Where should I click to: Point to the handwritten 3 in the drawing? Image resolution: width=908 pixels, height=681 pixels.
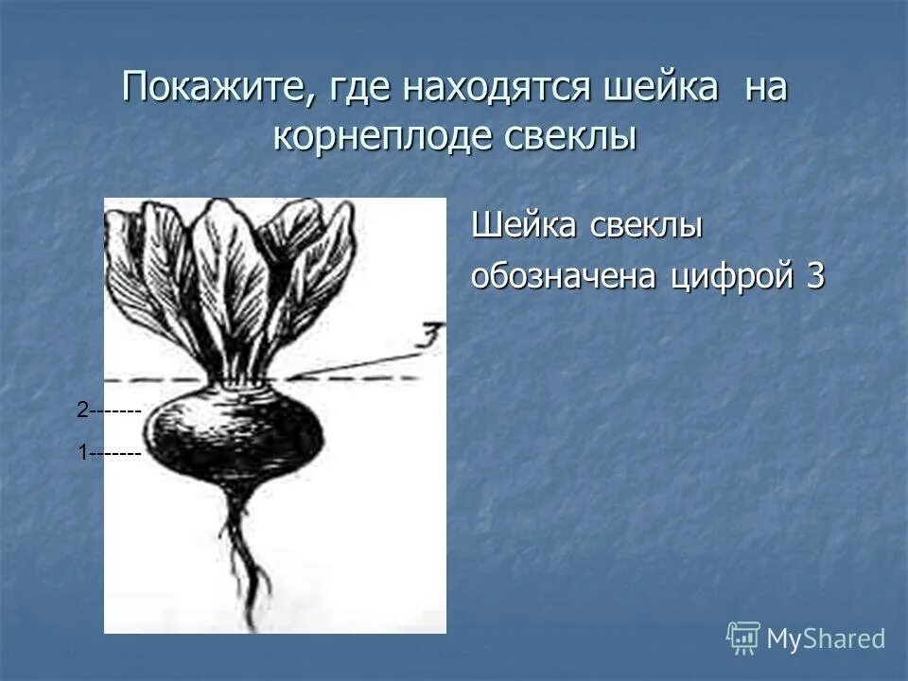tap(431, 336)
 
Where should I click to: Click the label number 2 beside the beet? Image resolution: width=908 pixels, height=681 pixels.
tap(82, 410)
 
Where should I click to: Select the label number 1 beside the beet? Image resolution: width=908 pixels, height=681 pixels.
tap(83, 454)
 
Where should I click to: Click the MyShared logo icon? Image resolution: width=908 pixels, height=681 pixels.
tap(742, 637)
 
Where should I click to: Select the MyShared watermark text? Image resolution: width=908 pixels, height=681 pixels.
tap(826, 639)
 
